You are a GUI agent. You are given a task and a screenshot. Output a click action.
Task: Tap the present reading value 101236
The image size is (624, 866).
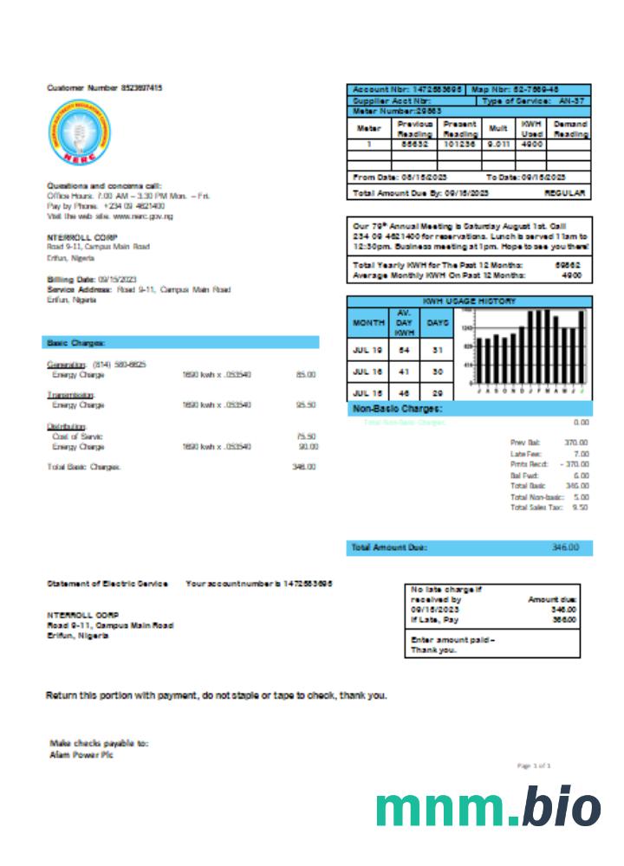[460, 145]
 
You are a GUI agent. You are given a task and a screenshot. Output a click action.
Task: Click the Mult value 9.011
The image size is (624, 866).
[497, 145]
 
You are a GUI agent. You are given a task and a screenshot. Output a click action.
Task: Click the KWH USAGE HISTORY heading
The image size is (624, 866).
[469, 301]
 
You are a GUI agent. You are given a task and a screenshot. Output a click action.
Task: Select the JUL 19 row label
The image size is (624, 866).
[367, 351]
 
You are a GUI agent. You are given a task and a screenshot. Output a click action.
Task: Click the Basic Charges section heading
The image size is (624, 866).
[76, 343]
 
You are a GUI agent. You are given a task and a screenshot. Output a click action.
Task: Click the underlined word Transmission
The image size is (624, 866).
[70, 394]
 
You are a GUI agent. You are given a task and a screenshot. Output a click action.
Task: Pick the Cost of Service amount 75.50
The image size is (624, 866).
[306, 436]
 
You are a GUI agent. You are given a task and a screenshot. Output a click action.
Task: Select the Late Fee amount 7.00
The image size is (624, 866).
[582, 453]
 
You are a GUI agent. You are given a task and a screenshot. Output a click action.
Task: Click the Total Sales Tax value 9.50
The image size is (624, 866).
[581, 507]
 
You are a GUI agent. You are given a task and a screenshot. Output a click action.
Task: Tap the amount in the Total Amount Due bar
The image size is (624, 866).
[565, 547]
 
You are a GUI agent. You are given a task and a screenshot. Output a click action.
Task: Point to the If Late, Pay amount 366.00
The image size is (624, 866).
[564, 619]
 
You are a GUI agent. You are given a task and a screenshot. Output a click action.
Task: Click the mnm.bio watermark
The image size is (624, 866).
[488, 807]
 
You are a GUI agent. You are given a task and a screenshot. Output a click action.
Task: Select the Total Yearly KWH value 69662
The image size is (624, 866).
[569, 265]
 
